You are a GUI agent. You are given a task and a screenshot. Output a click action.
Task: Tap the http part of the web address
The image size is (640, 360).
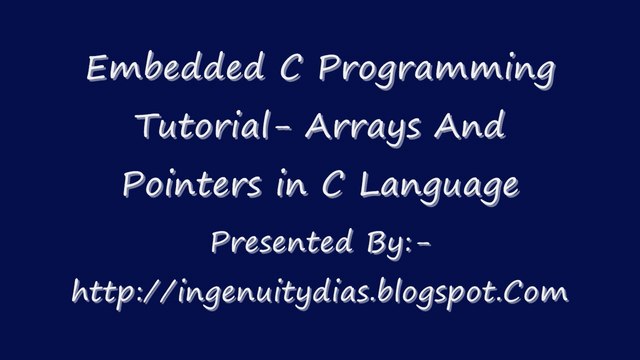pyautogui.click(x=109, y=295)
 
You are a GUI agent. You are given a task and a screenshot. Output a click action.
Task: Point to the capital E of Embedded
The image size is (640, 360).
pyautogui.click(x=98, y=71)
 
